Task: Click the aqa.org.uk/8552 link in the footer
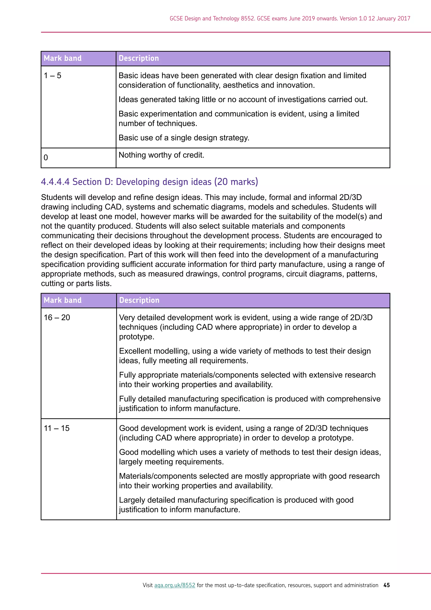(175, 585)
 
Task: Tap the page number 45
(387, 585)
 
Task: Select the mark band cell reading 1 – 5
(53, 76)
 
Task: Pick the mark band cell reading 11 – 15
(57, 428)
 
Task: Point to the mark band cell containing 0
(46, 158)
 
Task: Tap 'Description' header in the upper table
(139, 58)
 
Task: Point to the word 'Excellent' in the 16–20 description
(135, 351)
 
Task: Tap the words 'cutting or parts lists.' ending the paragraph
(76, 284)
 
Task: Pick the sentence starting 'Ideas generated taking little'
(243, 99)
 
